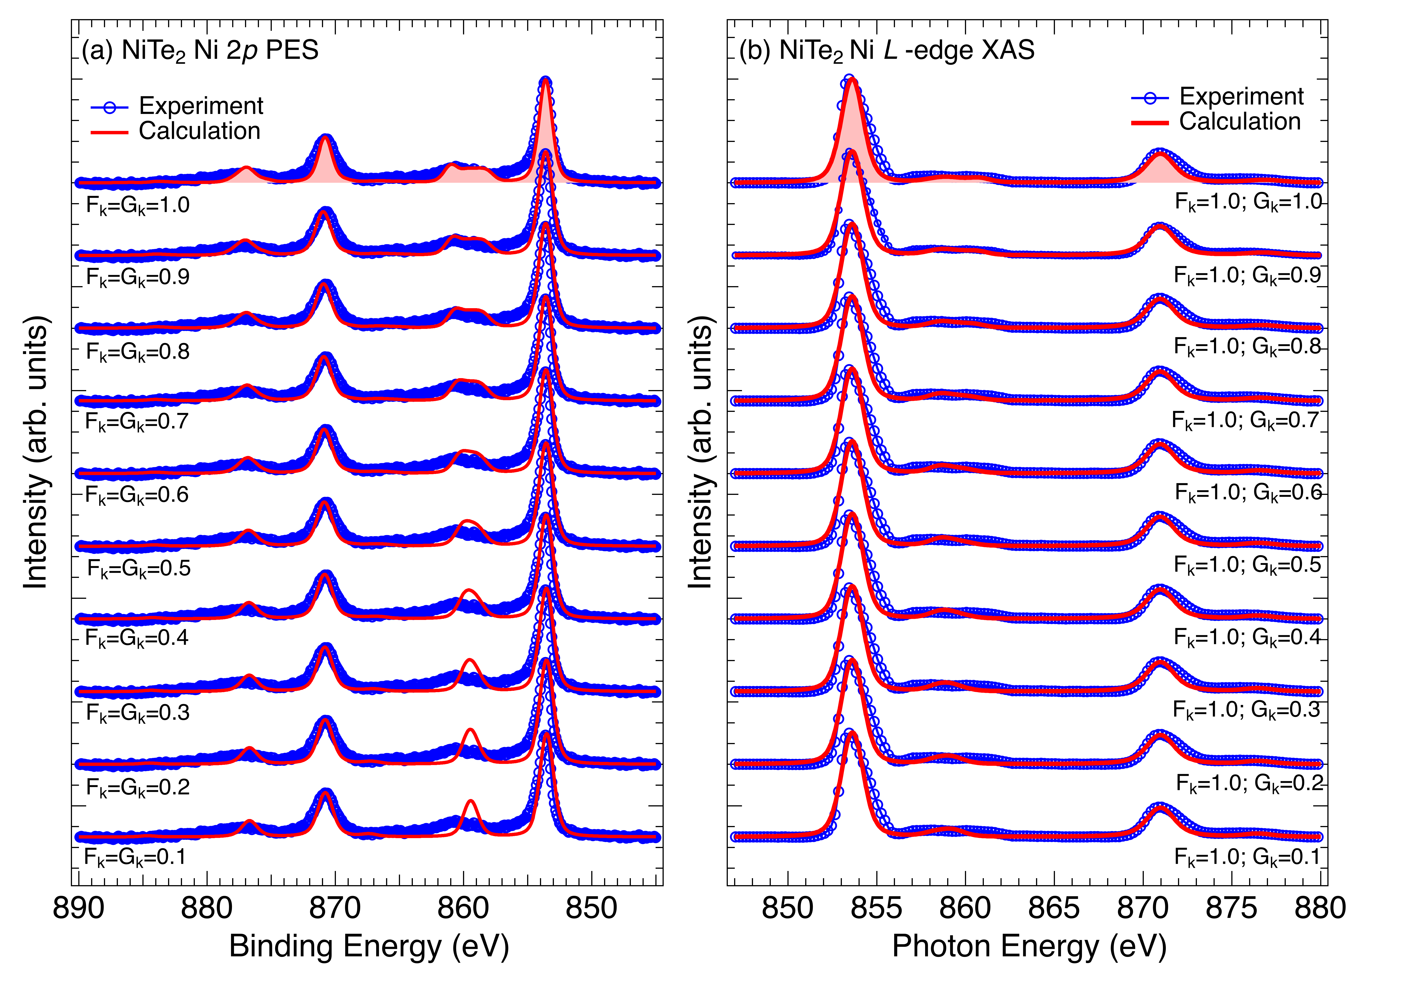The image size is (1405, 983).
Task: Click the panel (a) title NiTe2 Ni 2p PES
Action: click(200, 50)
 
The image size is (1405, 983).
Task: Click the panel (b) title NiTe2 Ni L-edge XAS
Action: click(887, 50)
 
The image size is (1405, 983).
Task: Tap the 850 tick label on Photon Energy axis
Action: click(788, 908)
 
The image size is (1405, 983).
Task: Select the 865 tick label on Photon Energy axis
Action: click(1054, 908)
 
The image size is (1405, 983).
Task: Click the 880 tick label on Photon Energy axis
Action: click(1320, 908)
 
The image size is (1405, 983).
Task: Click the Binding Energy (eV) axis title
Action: click(369, 946)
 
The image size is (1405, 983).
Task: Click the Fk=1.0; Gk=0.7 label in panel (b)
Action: click(1245, 420)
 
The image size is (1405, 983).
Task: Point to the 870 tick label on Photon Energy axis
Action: click(1142, 908)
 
